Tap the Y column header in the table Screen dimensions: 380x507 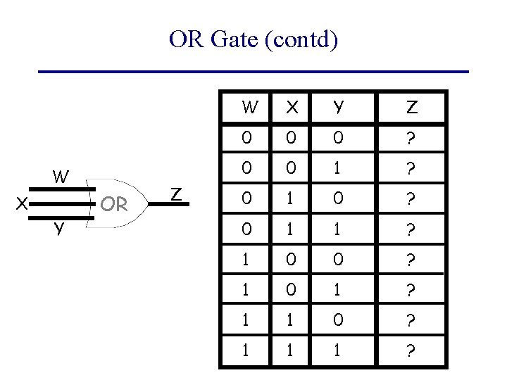click(x=339, y=108)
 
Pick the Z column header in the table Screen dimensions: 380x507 click(x=412, y=108)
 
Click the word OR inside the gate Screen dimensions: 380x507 click(x=113, y=204)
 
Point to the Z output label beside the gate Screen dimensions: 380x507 click(x=177, y=195)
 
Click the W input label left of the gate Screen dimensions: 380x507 click(x=61, y=177)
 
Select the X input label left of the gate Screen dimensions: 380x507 click(x=23, y=204)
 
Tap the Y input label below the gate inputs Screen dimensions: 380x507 click(x=61, y=229)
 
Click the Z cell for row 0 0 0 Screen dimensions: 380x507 click(x=412, y=139)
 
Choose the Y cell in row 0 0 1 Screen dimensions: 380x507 click(x=339, y=169)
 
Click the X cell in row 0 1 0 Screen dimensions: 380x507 click(x=289, y=200)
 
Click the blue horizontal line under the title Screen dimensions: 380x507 click(x=254, y=72)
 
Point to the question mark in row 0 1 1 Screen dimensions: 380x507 click(x=412, y=230)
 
